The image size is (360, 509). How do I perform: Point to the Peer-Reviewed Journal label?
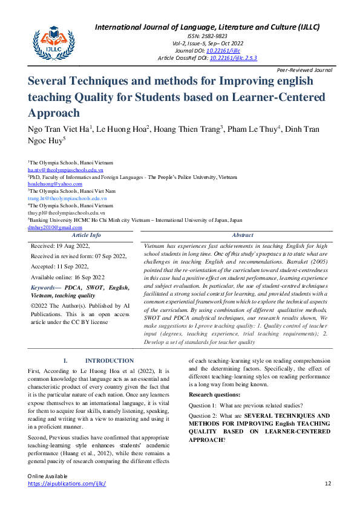[306, 70]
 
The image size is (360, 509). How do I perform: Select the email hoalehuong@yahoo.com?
[50, 183]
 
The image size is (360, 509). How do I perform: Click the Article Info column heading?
[87, 235]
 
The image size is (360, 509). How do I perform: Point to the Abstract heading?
[243, 235]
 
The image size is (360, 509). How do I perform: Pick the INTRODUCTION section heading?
[109, 361]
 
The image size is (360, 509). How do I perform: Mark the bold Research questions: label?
[214, 394]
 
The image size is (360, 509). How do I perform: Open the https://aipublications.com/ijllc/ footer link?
[67, 484]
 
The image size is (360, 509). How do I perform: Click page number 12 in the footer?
[329, 484]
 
